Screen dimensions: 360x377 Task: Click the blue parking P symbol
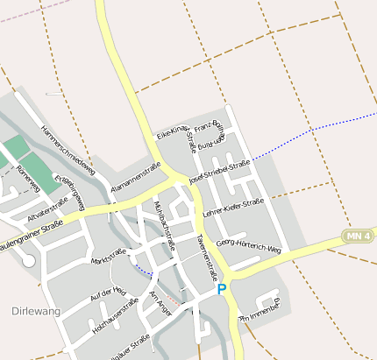point(222,288)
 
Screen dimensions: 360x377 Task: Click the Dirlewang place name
point(31,310)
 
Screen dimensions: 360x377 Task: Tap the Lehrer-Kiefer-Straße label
point(232,208)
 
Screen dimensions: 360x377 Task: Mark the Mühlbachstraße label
point(166,224)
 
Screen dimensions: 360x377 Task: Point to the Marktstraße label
point(108,257)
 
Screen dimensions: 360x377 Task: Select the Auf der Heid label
point(109,295)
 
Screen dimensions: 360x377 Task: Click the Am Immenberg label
point(259,312)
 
